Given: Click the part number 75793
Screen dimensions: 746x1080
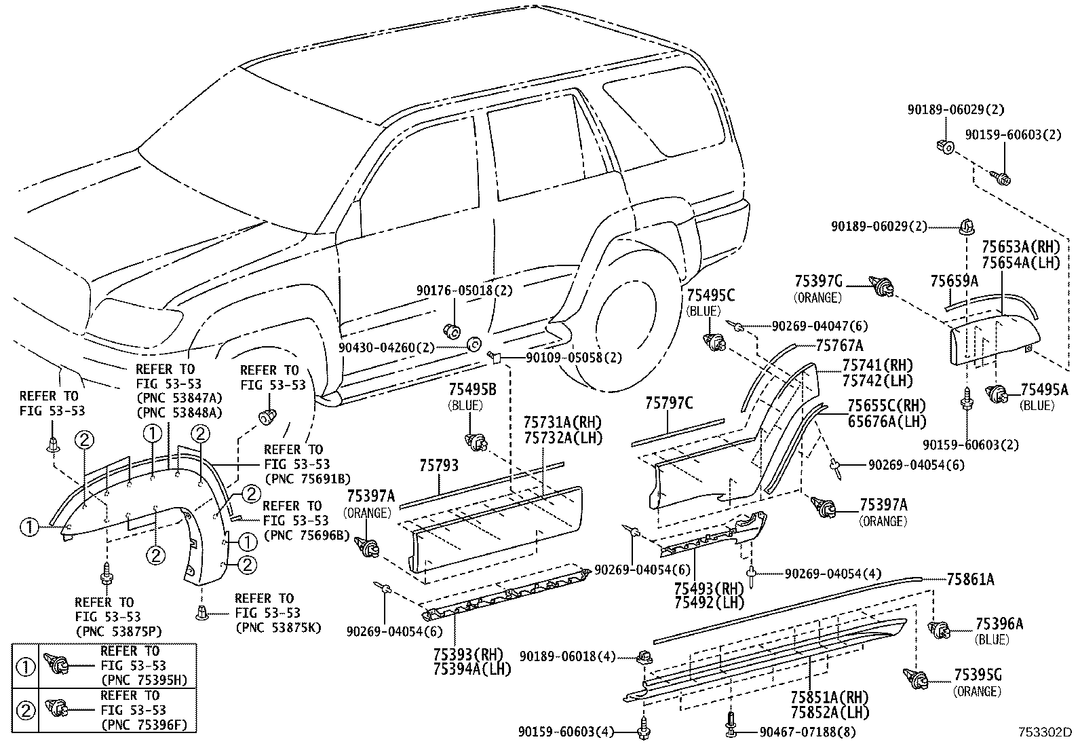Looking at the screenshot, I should pyautogui.click(x=438, y=466).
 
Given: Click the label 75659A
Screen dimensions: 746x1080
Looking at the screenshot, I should pyautogui.click(x=954, y=280).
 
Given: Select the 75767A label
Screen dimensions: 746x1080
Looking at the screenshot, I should pyautogui.click(x=839, y=345).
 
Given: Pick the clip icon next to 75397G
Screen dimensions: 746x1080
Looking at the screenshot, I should pyautogui.click(x=881, y=288).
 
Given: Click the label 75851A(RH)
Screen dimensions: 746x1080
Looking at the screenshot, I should pyautogui.click(x=829, y=698).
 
